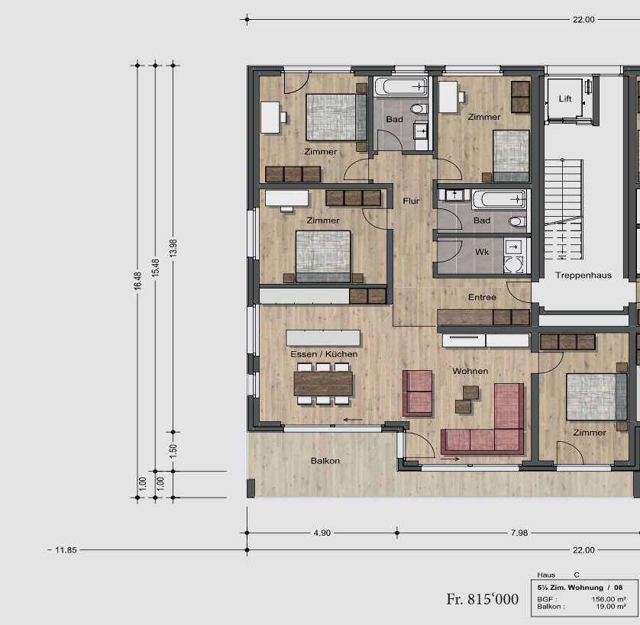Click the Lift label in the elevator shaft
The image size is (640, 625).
click(565, 98)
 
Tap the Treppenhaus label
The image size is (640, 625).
click(583, 275)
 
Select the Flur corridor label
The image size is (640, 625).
click(411, 201)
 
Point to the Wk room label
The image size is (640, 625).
click(482, 252)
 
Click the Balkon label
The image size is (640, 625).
click(325, 461)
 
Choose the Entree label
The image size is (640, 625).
click(482, 298)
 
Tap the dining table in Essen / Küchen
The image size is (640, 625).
click(323, 384)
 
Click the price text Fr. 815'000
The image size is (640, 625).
click(483, 599)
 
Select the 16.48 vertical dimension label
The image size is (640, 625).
click(137, 281)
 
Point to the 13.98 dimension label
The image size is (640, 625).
click(173, 247)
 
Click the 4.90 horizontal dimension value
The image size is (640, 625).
click(322, 533)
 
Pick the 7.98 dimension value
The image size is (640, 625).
click(519, 533)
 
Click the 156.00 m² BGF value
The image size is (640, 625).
click(609, 599)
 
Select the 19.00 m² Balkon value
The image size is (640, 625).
click(611, 607)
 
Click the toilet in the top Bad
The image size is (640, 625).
click(419, 109)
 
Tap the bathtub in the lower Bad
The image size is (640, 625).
click(499, 199)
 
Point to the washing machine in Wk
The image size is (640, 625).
click(513, 264)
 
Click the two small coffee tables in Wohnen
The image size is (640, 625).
click(467, 399)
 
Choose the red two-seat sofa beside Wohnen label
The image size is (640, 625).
click(417, 393)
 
